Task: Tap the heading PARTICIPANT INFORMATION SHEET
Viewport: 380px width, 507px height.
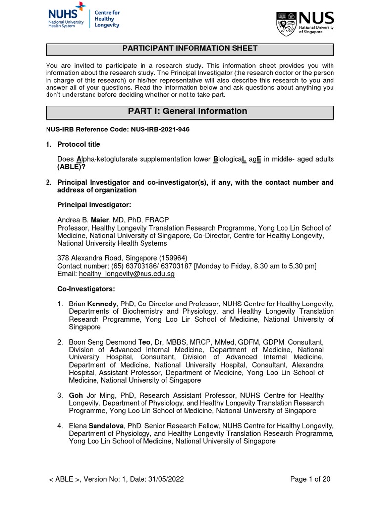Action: click(190, 49)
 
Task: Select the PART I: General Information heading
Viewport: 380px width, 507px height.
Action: click(188, 111)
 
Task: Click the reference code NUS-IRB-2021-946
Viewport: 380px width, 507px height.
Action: click(159, 129)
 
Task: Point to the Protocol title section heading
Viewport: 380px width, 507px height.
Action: click(79, 144)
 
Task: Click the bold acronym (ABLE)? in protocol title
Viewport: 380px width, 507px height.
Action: click(74, 167)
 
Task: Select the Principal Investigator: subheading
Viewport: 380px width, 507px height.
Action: click(95, 205)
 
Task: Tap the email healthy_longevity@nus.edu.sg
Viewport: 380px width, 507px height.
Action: click(127, 274)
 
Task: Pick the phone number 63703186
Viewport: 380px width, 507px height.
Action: click(134, 266)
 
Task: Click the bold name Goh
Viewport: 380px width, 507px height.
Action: click(76, 395)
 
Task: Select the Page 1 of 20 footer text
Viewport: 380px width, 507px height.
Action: click(309, 479)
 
